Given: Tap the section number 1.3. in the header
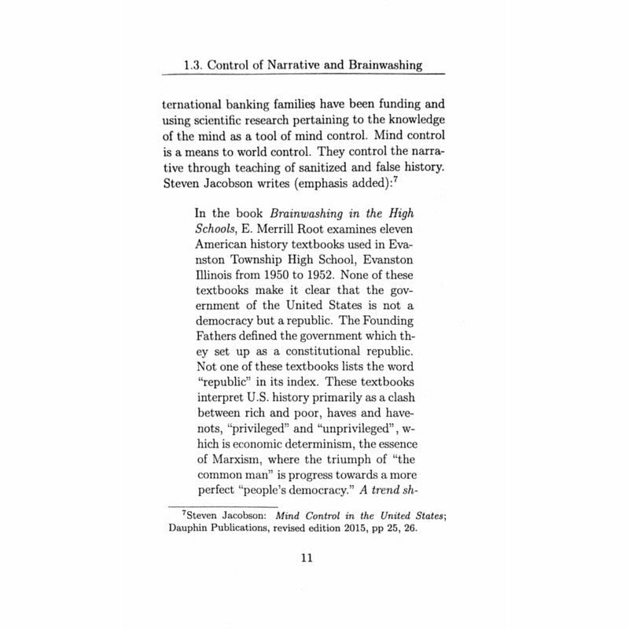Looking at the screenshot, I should [x=195, y=65].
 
